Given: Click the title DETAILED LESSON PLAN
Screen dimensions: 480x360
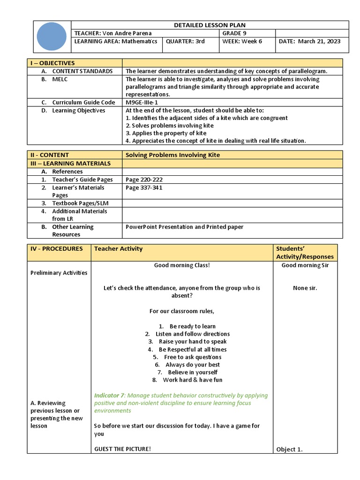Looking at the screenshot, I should [x=210, y=25].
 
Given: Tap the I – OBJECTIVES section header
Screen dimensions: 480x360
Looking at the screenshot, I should [x=52, y=63].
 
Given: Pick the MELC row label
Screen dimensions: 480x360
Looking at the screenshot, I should [x=60, y=79].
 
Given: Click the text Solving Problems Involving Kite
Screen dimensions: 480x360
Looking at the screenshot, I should [x=172, y=155].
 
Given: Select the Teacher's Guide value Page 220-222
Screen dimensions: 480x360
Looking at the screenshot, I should [x=144, y=180].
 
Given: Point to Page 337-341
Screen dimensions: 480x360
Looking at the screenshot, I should [x=144, y=187].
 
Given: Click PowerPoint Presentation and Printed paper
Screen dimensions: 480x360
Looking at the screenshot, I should [x=184, y=227].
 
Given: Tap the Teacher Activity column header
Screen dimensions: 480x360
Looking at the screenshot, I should [x=118, y=249].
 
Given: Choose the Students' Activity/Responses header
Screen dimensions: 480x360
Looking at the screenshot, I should [x=305, y=253].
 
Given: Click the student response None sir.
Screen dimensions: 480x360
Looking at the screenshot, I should [x=305, y=288].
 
